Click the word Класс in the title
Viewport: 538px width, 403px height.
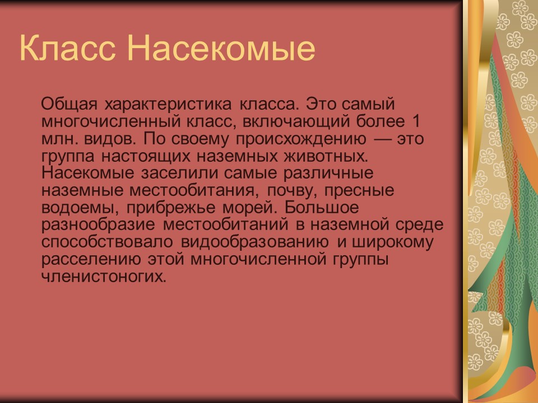click(x=67, y=48)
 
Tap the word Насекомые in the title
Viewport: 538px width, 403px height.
click(x=221, y=48)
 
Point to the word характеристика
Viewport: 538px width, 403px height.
click(x=168, y=105)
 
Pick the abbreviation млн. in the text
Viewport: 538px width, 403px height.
click(x=54, y=139)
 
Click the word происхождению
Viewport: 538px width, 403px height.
click(x=301, y=139)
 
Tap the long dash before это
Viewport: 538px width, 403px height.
click(x=382, y=139)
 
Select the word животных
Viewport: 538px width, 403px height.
click(x=326, y=156)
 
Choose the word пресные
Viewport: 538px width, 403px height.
click(x=359, y=191)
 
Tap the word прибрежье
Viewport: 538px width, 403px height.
click(x=171, y=208)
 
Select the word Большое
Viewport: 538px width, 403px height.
click(x=321, y=207)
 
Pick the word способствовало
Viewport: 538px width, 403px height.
click(x=107, y=242)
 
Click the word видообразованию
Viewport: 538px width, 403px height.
click(x=254, y=242)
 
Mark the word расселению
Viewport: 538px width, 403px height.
click(x=91, y=259)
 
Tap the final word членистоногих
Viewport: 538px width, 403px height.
click(x=104, y=276)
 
